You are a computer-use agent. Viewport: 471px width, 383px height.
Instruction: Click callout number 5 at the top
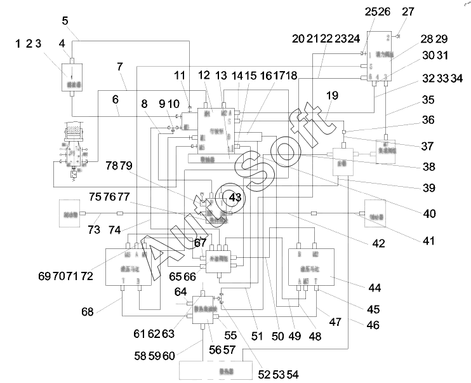pyautogui.click(x=65, y=20)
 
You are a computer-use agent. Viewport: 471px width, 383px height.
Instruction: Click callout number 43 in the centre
pyautogui.click(x=235, y=198)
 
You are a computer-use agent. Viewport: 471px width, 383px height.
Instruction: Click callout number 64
pyautogui.click(x=180, y=292)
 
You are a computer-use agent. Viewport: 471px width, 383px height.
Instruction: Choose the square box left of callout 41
pyautogui.click(x=374, y=211)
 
